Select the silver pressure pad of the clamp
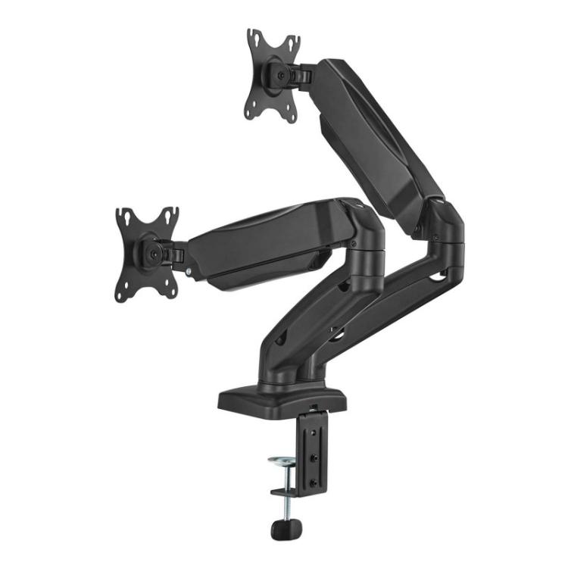pyautogui.click(x=283, y=461)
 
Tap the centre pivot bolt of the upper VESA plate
pyautogui.click(x=281, y=74)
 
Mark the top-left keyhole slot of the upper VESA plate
pyautogui.click(x=253, y=38)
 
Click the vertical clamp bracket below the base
pyautogui.click(x=313, y=454)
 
